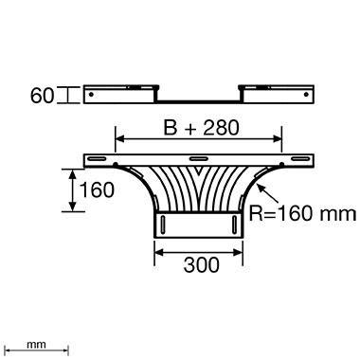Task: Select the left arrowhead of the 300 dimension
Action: [158, 252]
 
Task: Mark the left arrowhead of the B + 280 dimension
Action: [118, 139]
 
